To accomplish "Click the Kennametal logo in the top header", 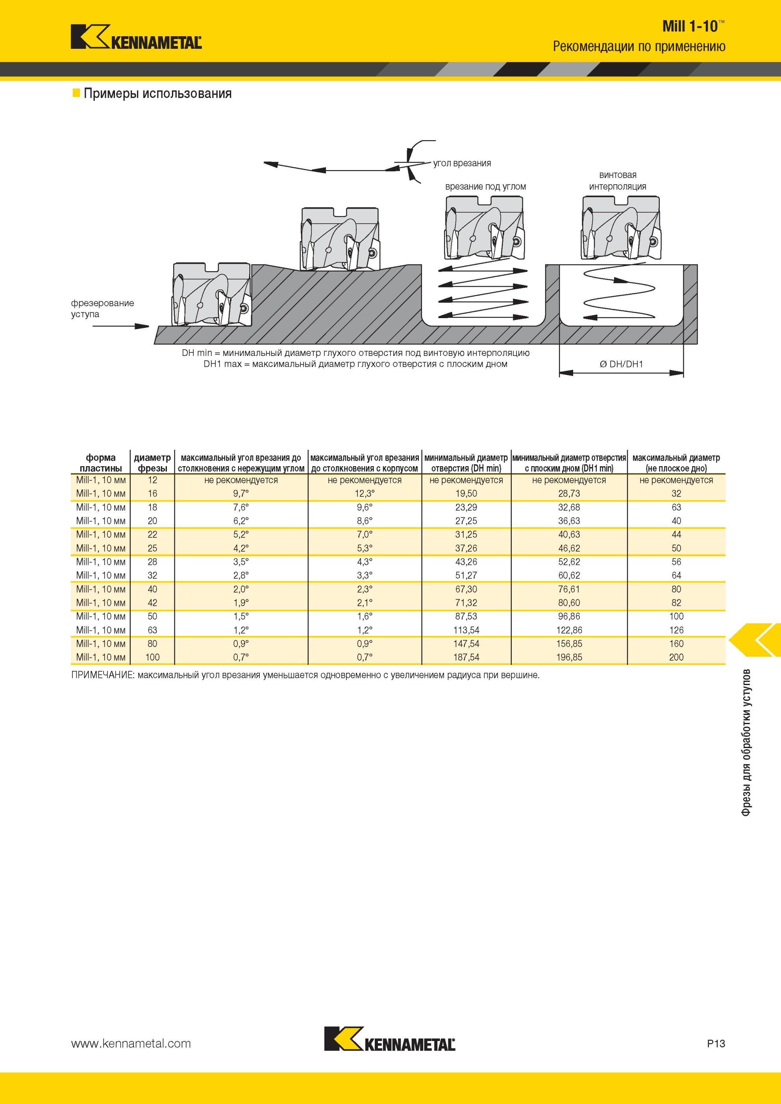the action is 136,37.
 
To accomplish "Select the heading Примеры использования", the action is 157,93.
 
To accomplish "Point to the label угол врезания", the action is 462,163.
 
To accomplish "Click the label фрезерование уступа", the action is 102,308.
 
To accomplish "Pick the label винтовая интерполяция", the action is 618,180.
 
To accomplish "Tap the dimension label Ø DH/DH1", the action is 621,364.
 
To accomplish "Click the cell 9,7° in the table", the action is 241,494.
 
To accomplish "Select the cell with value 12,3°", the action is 365,494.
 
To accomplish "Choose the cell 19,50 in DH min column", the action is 466,494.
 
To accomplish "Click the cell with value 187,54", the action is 466,657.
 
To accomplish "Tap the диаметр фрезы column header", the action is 152,463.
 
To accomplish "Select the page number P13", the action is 716,1043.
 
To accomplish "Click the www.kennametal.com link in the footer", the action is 131,1043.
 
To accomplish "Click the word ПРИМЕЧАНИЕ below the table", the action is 102,675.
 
